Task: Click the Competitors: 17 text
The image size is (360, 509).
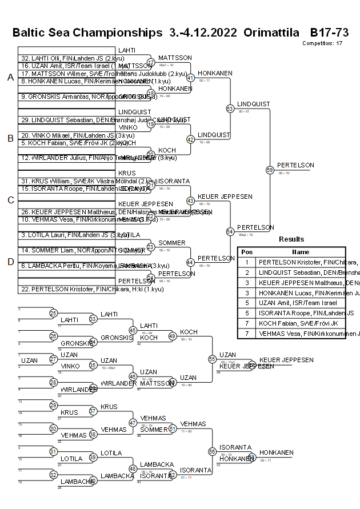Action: [322, 43]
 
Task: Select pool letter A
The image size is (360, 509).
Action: [10, 78]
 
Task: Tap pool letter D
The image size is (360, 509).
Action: [10, 262]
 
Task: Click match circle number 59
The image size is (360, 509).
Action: [270, 170]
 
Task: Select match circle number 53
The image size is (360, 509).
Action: [230, 108]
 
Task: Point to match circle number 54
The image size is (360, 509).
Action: [230, 231]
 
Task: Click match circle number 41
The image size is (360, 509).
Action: [191, 78]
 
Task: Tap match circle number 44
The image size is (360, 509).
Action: [191, 262]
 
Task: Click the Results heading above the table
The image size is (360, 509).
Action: [291, 239]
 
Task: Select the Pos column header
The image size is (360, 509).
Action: [246, 252]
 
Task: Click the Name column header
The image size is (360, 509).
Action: [301, 252]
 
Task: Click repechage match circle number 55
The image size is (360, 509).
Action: [213, 359]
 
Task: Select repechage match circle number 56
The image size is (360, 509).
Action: [213, 451]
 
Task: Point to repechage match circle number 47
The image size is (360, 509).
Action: [133, 423]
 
